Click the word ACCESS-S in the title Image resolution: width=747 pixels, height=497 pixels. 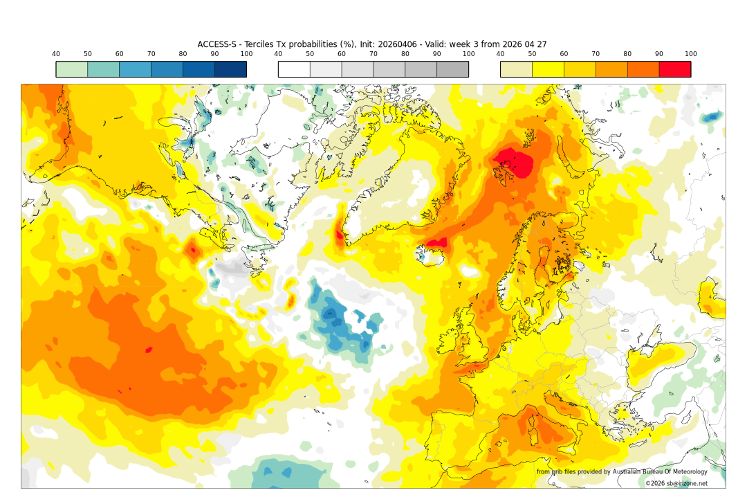coord(217,44)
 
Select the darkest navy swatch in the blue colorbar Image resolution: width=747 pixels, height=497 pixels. coord(230,69)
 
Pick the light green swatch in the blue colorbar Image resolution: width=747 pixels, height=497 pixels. coord(71,69)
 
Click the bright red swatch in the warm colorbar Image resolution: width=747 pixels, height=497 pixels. coord(674,69)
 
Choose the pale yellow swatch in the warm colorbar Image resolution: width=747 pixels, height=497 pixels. coord(516,69)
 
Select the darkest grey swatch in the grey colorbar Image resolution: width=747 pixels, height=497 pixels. coord(452,69)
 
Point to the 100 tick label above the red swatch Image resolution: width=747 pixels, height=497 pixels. coord(690,54)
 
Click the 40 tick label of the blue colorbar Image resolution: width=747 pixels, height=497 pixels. coord(56,54)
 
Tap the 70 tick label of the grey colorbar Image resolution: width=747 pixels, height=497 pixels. coord(373,54)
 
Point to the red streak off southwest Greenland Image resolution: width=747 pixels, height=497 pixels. coord(339,233)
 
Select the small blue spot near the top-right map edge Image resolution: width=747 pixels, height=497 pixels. coord(711,118)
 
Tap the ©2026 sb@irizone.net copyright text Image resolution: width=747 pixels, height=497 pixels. coord(676,483)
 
